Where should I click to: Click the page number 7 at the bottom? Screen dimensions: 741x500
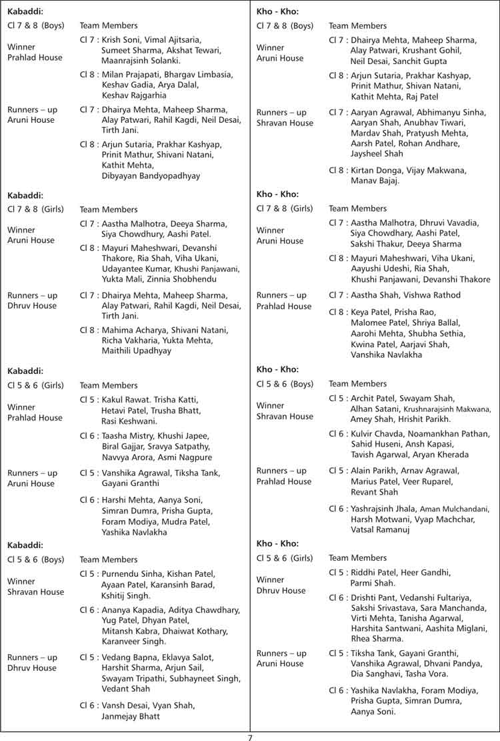coord(250,737)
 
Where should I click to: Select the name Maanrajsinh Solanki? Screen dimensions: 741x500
coord(141,61)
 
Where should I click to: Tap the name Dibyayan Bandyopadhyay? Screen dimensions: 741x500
coord(151,176)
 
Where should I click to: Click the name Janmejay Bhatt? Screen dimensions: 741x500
coord(131,716)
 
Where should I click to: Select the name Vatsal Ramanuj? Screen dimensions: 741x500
coord(381,530)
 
